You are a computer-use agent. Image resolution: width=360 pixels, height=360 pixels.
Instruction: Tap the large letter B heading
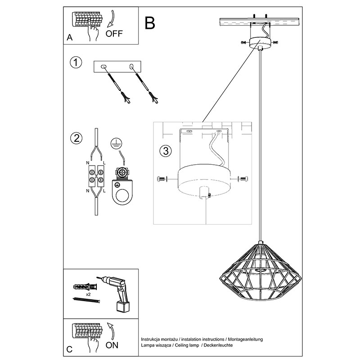pyautogui.click(x=150, y=22)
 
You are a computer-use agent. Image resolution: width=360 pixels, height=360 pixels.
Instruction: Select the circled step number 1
pyautogui.click(x=76, y=63)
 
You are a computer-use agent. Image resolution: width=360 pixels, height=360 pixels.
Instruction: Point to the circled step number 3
pyautogui.click(x=166, y=150)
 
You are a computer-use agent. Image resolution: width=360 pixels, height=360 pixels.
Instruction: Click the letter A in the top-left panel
pyautogui.click(x=69, y=38)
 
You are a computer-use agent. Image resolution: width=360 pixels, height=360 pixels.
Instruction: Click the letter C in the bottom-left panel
pyautogui.click(x=69, y=349)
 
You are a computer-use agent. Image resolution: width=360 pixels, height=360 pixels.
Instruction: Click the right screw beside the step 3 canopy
pyautogui.click(x=243, y=179)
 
